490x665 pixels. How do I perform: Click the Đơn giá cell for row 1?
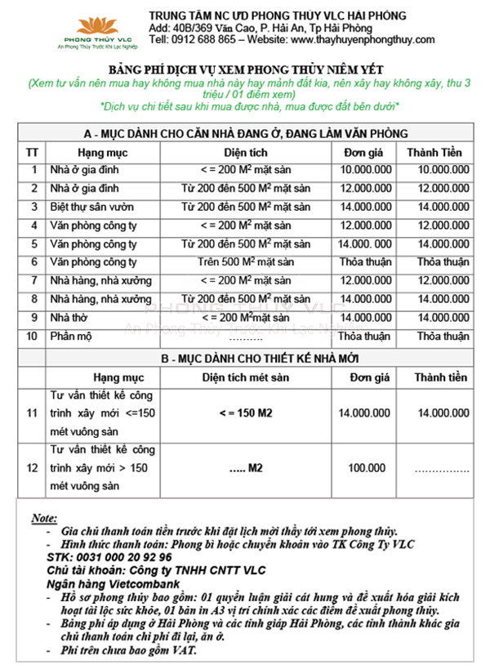coord(365,170)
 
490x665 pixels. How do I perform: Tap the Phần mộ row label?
coord(73,336)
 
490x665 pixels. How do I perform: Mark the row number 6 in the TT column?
coord(33,262)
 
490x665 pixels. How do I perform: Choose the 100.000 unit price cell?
coord(366,468)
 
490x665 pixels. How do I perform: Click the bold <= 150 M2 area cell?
coord(246,414)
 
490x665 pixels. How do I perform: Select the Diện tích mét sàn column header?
coord(246,377)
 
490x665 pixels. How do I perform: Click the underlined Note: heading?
coord(43,518)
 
